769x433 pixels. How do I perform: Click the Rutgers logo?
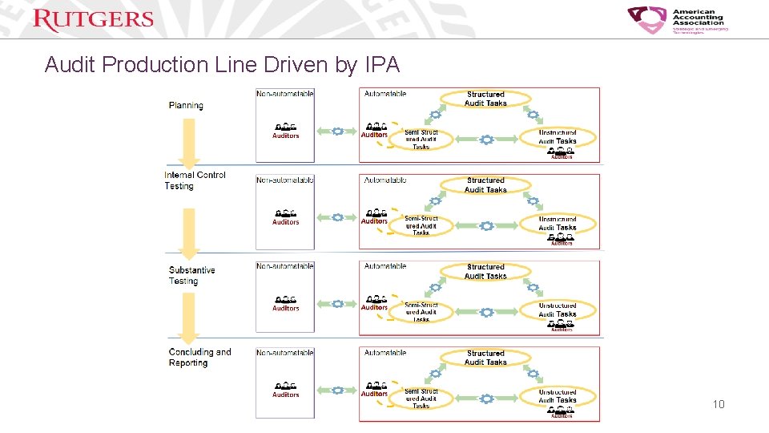click(x=93, y=19)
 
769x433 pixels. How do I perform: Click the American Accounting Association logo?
click(x=678, y=21)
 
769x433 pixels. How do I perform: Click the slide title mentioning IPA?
click(x=222, y=65)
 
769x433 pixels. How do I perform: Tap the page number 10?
click(x=718, y=404)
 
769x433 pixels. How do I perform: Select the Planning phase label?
click(x=186, y=105)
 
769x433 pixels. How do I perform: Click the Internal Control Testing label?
click(x=195, y=180)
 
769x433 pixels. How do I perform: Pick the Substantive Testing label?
click(x=191, y=276)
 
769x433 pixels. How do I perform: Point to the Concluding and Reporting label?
click(x=199, y=358)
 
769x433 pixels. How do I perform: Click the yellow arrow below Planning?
click(x=187, y=142)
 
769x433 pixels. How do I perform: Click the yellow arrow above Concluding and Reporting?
click(x=187, y=316)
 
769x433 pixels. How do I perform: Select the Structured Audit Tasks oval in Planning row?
click(x=485, y=99)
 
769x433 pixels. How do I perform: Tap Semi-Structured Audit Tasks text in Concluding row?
click(x=421, y=399)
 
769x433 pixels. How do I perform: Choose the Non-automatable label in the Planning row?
click(x=285, y=94)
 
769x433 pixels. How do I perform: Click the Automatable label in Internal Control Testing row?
click(x=385, y=180)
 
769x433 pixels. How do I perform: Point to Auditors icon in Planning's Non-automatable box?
click(x=285, y=131)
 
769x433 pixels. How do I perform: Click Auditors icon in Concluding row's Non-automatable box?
click(x=285, y=390)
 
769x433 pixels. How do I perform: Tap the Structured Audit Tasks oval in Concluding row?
click(x=485, y=358)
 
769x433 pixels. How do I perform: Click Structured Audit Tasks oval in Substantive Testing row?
click(x=485, y=272)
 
